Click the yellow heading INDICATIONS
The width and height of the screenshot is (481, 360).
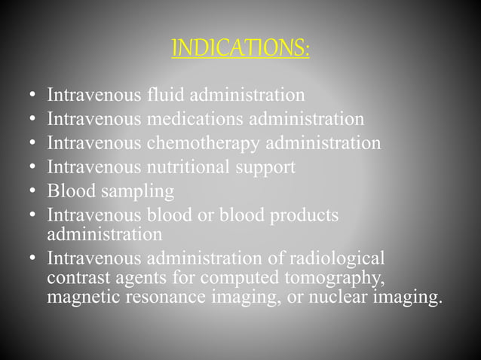(x=240, y=50)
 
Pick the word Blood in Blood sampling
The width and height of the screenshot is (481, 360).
(x=68, y=191)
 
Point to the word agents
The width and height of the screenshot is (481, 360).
(x=131, y=279)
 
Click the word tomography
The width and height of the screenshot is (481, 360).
(x=326, y=279)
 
